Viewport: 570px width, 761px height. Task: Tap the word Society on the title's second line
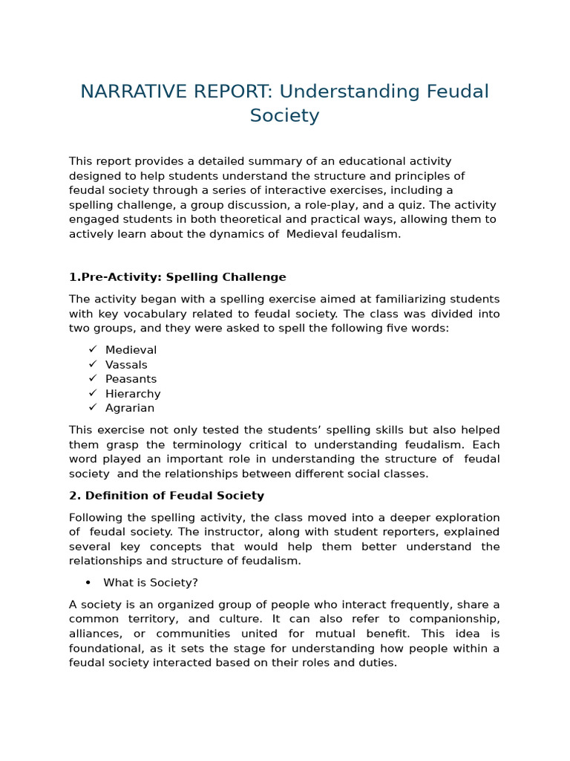(x=284, y=115)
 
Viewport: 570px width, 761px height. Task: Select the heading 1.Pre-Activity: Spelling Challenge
(x=177, y=277)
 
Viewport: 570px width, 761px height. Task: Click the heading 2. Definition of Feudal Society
(x=166, y=496)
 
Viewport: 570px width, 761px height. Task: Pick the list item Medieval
(x=131, y=350)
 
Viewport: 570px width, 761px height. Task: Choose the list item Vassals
(x=126, y=365)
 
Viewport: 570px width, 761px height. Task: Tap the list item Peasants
(x=131, y=379)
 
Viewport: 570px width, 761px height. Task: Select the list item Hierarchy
(x=133, y=394)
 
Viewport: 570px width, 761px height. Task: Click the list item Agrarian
(x=130, y=408)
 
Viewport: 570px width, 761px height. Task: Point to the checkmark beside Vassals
(x=93, y=364)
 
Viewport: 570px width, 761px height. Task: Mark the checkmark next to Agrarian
(x=93, y=407)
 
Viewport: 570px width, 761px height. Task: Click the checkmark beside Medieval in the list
(x=93, y=349)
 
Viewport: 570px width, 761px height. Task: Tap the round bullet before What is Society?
(x=88, y=583)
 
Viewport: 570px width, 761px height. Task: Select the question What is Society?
(x=151, y=583)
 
